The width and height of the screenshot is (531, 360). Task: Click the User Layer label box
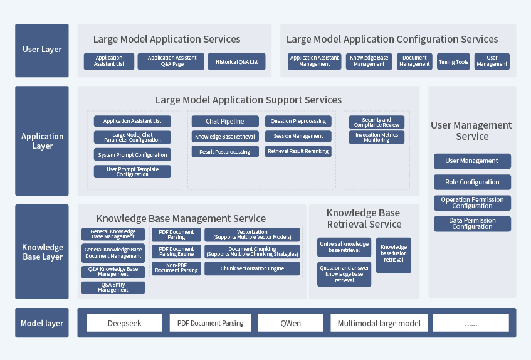point(42,50)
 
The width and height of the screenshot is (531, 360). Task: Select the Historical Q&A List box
point(236,61)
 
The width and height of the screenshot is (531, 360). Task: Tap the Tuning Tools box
point(453,61)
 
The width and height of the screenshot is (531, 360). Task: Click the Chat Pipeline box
point(225,121)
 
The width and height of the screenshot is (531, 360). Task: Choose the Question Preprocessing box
point(298,121)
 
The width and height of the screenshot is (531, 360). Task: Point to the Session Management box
point(298,136)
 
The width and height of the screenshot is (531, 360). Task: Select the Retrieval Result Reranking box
point(298,151)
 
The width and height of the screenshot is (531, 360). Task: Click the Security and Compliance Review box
point(377,122)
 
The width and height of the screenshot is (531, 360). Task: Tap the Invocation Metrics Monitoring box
point(377,137)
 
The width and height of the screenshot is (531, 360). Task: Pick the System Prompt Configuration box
point(132,155)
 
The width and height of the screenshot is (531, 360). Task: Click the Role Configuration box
point(472,182)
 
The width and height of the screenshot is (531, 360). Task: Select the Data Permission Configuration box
point(472,224)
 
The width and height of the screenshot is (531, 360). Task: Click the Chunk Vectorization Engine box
point(252,268)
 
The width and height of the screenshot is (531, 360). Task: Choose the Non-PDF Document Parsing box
point(176,268)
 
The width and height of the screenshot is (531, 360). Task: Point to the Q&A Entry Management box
point(113,288)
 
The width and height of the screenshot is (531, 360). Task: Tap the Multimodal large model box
point(379,324)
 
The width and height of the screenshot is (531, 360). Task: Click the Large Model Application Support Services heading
point(248,100)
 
